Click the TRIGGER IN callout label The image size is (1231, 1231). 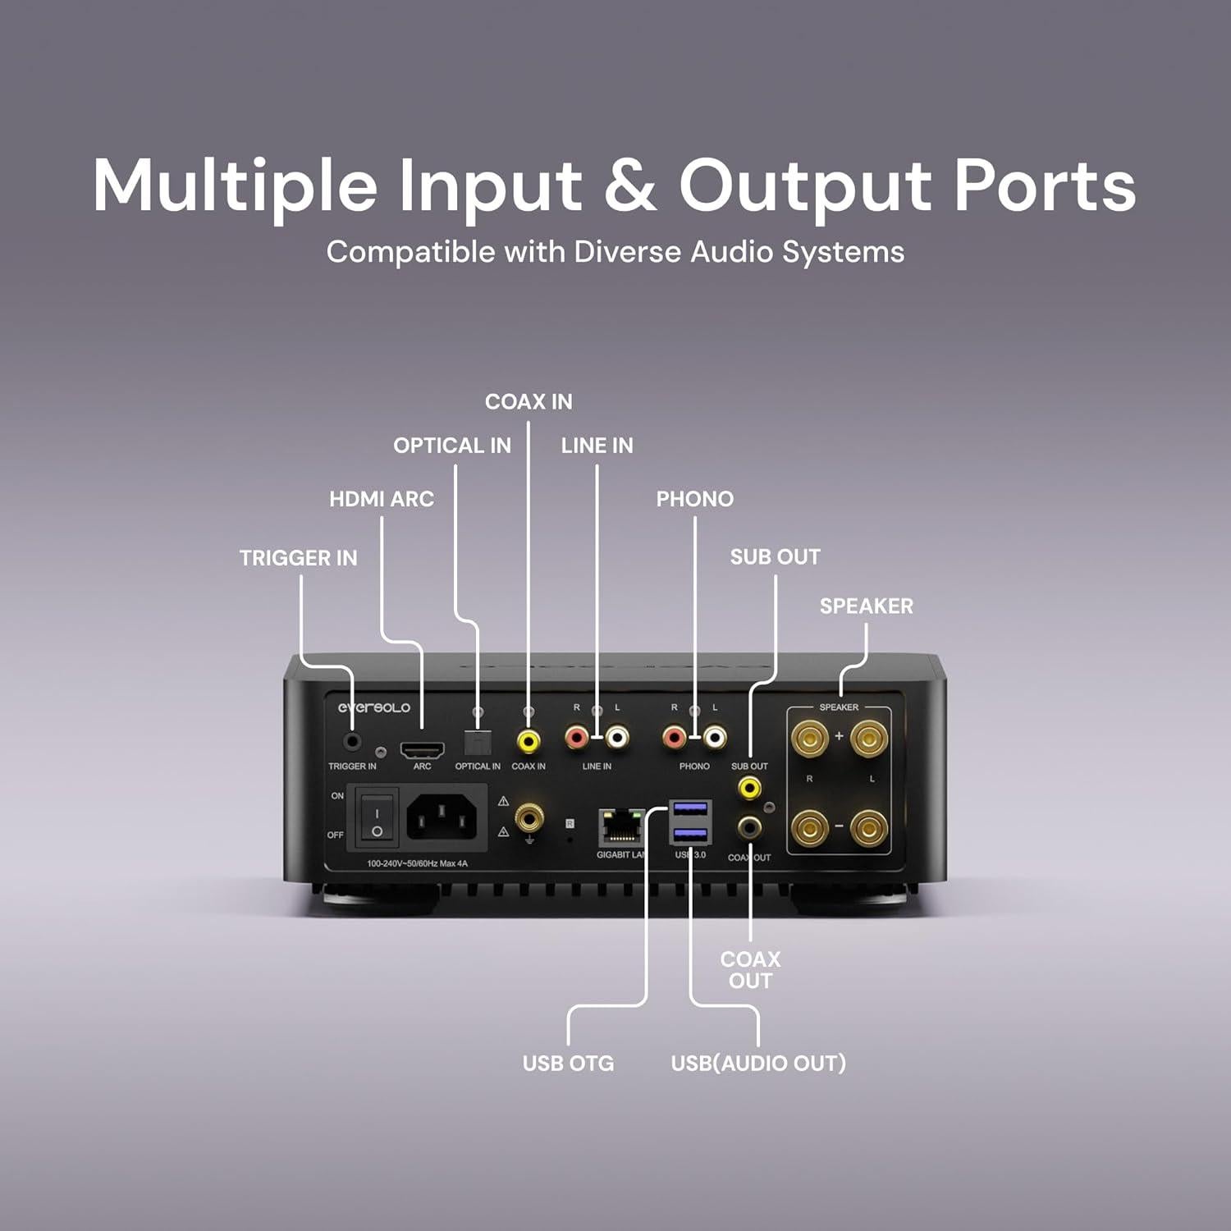tap(298, 558)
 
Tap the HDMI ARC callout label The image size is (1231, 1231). tap(381, 499)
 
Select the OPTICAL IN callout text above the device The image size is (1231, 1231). tap(451, 446)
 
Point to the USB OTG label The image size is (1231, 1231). tap(568, 1064)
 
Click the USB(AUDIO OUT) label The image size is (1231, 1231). tap(758, 1064)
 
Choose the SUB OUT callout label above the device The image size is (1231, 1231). tap(775, 557)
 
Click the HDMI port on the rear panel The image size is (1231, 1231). tap(422, 748)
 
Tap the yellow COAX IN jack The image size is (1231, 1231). tap(528, 741)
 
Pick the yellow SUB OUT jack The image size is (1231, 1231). tap(749, 788)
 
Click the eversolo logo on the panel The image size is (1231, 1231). tap(374, 707)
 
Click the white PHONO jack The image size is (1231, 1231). tap(714, 738)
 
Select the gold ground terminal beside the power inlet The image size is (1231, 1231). tap(529, 817)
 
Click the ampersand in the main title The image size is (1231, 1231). tap(629, 186)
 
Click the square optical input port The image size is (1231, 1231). tap(477, 743)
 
